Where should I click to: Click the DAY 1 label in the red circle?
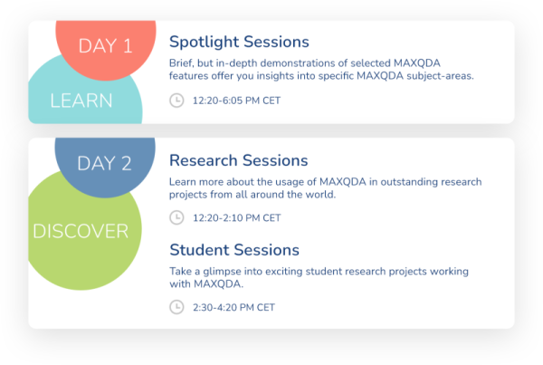(105, 46)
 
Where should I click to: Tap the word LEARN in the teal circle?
(81, 101)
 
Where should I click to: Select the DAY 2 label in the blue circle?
(104, 163)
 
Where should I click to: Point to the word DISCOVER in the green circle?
(81, 231)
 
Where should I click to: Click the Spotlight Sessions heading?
(239, 42)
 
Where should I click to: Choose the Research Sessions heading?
(238, 160)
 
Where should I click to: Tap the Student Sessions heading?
(234, 250)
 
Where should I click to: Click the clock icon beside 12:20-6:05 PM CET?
(176, 101)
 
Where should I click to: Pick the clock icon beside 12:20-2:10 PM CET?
(176, 217)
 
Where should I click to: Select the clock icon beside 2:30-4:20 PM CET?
(176, 307)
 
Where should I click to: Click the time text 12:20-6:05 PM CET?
(236, 101)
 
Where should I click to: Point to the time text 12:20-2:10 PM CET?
(236, 217)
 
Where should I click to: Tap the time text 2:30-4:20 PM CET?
(233, 307)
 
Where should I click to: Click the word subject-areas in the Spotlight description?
(440, 76)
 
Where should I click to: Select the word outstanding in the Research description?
(414, 182)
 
